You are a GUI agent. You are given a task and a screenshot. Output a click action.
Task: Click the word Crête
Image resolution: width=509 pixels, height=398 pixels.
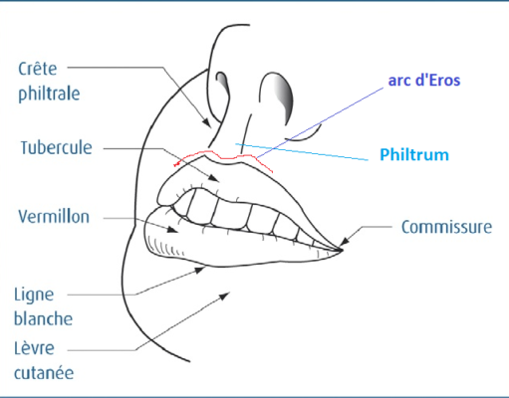point(37,69)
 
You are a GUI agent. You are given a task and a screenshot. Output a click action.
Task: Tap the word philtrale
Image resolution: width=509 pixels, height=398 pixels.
point(49,94)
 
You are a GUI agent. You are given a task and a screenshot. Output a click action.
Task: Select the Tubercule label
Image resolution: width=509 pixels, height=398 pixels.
point(56,147)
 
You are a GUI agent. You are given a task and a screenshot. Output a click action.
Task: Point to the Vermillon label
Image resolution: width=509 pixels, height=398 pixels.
point(54,217)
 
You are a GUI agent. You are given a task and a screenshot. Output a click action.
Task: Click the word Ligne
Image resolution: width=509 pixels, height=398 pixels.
point(34,295)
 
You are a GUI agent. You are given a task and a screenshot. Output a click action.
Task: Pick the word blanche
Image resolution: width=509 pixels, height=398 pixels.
point(43,318)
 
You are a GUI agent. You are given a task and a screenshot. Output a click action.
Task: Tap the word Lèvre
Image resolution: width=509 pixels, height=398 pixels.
point(34,348)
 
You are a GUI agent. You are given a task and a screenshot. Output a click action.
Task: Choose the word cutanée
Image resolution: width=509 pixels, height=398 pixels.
point(44,373)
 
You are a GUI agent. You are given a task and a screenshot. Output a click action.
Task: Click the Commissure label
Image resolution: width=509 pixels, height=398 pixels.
point(446,227)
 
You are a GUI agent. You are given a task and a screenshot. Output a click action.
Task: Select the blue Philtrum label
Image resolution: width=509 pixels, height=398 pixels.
point(414,154)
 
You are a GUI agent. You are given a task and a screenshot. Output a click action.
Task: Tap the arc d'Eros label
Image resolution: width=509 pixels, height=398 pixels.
point(424,81)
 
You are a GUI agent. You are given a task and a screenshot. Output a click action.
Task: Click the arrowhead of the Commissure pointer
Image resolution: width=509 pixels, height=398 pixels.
point(346,241)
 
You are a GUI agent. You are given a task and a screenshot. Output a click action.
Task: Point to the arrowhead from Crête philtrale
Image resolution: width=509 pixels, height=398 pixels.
point(207,122)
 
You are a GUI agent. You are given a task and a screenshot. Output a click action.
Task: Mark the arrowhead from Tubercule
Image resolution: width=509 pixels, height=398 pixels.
point(214,178)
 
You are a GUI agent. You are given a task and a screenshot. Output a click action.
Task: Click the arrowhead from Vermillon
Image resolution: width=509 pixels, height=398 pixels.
point(172,229)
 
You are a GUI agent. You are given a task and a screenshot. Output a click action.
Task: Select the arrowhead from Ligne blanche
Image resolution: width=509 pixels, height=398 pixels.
point(199,270)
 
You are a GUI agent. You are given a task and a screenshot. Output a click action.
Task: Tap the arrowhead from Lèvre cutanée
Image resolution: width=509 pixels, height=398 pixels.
point(225,296)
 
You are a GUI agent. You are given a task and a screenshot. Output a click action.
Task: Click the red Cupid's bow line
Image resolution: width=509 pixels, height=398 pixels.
point(223,158)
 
